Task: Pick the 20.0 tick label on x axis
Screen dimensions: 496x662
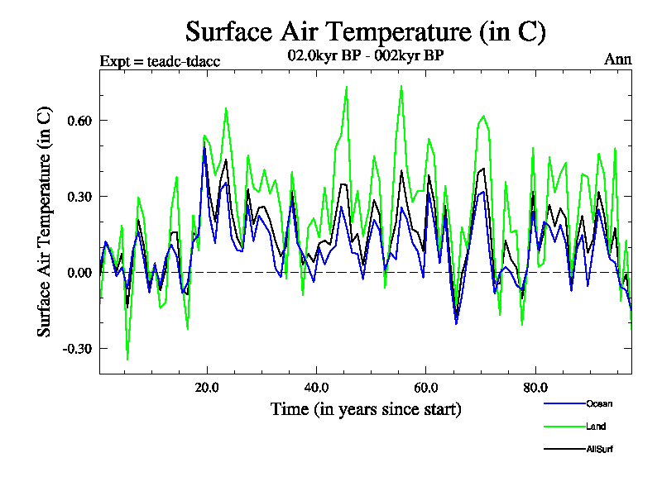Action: (207, 387)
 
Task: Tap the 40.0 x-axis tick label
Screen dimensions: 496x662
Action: (316, 387)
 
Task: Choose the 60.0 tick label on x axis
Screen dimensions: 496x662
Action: (425, 387)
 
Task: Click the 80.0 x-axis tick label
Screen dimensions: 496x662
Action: (535, 387)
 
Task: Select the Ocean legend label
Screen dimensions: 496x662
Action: (599, 403)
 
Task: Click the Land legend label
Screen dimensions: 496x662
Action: (596, 427)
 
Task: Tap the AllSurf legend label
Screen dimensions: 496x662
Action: (599, 450)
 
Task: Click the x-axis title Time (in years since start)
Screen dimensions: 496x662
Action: (365, 409)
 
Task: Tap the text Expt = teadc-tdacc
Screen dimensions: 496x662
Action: (160, 61)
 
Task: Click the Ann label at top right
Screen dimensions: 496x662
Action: (619, 60)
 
